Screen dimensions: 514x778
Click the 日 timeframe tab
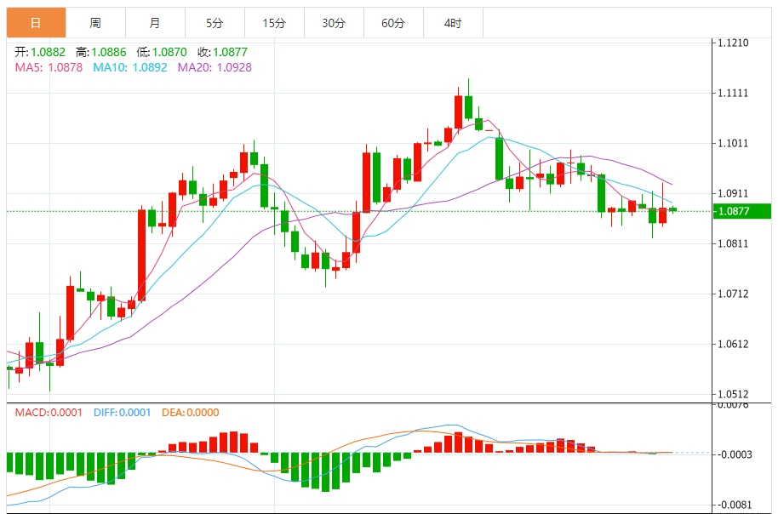tap(35, 23)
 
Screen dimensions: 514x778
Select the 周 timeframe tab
tap(95, 23)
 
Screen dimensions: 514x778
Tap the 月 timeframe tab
tap(154, 23)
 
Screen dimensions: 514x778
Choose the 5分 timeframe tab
tap(215, 23)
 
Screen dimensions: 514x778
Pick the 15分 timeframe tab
tap(274, 23)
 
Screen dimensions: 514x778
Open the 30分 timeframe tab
tap(334, 23)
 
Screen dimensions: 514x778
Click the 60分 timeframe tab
tap(393, 23)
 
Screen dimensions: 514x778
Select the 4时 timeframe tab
tap(453, 23)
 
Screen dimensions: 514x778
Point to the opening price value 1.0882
tap(49, 52)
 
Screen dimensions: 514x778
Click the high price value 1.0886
tap(109, 52)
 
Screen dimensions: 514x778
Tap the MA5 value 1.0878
tap(66, 67)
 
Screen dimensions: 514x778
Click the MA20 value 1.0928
tap(234, 67)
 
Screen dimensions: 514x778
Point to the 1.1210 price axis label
tap(742, 43)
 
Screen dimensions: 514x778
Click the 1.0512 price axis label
tap(742, 395)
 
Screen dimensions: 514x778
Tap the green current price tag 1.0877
tap(742, 211)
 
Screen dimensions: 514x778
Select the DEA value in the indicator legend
tap(202, 413)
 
